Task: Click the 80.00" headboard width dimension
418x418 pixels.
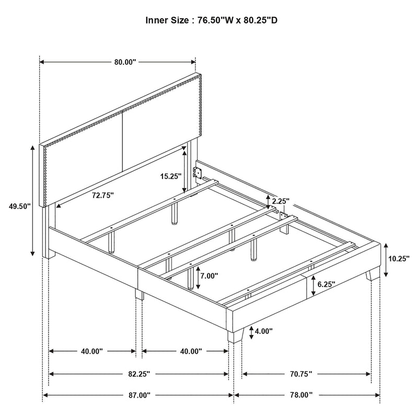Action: tap(125, 62)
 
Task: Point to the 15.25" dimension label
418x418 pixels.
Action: tap(171, 176)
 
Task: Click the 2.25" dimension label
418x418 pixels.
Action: tap(280, 201)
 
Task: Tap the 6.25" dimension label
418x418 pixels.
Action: tap(326, 284)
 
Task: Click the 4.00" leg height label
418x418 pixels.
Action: tap(264, 331)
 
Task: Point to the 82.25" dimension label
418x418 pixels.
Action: tap(139, 374)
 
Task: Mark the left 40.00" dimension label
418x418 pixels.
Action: tap(92, 352)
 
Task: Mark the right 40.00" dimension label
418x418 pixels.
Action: tap(190, 352)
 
